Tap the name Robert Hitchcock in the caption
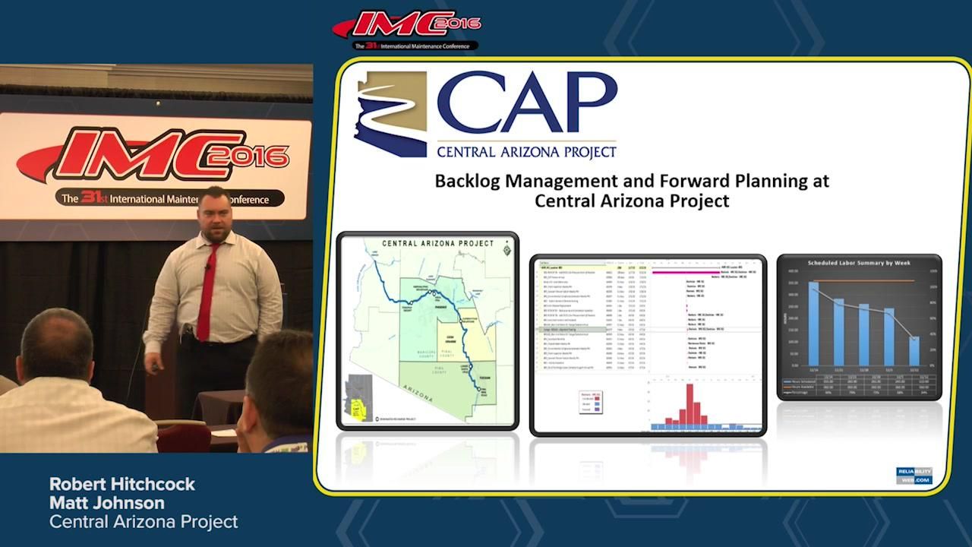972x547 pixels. [x=122, y=484]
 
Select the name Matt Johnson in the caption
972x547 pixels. [x=106, y=503]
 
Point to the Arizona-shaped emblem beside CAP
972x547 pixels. [x=390, y=114]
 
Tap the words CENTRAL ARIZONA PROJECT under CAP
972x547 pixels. [x=526, y=151]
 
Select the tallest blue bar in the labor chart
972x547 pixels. [x=814, y=323]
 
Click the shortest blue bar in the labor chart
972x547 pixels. [x=914, y=351]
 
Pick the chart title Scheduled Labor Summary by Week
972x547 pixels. [x=859, y=263]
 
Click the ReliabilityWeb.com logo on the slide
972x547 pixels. [x=914, y=476]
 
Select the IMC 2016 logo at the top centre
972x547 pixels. [x=407, y=29]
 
